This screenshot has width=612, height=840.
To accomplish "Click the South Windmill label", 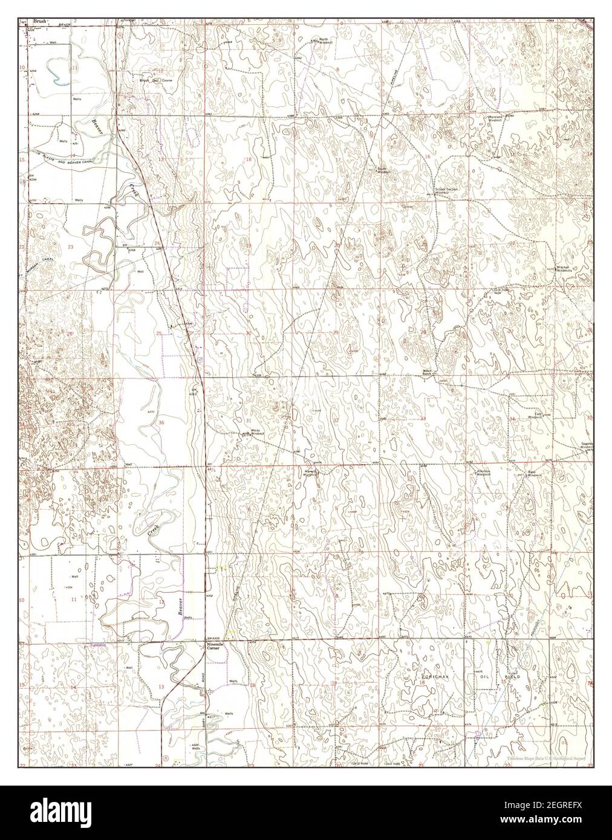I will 382,171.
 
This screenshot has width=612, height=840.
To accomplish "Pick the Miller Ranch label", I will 429,372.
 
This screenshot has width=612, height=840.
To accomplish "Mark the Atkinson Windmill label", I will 483,473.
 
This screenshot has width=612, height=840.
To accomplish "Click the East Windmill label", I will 533,416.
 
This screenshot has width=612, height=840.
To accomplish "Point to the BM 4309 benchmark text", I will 212,639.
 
